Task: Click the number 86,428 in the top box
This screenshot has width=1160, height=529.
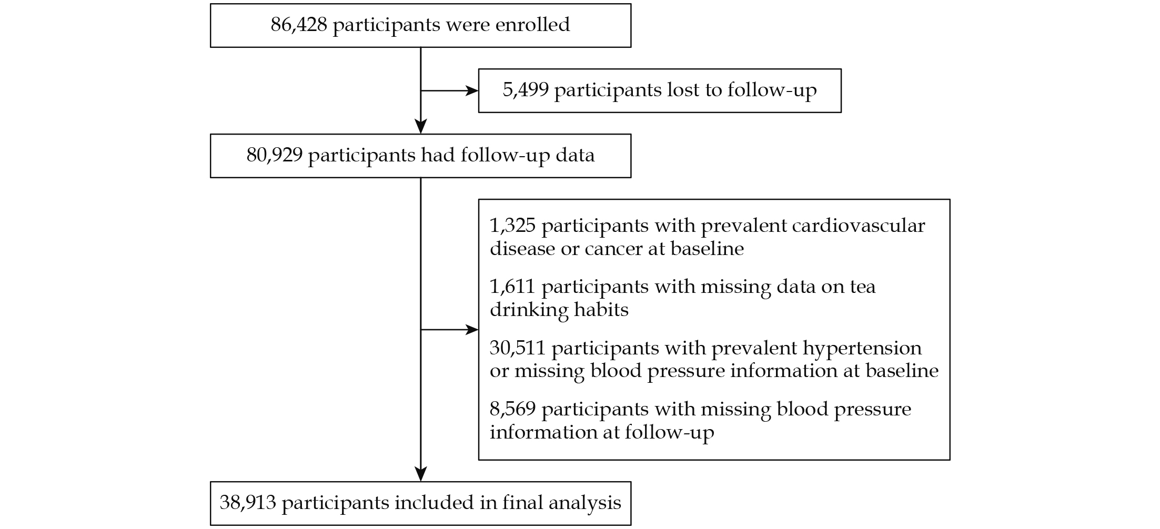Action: (299, 25)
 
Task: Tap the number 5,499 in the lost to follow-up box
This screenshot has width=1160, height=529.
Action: (526, 90)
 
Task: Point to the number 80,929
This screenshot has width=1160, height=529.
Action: (275, 156)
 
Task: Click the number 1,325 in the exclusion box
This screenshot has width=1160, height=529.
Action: (512, 226)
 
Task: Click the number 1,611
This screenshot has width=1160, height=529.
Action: (512, 287)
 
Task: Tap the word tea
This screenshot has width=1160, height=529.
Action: (863, 287)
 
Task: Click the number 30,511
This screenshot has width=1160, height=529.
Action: (518, 349)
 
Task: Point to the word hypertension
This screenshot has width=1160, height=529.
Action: (862, 349)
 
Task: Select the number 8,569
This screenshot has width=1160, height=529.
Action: (512, 410)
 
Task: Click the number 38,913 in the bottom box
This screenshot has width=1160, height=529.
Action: (248, 503)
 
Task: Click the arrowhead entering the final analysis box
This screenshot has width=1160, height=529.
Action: (421, 474)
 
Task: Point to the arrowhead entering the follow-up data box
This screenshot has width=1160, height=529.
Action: (421, 126)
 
